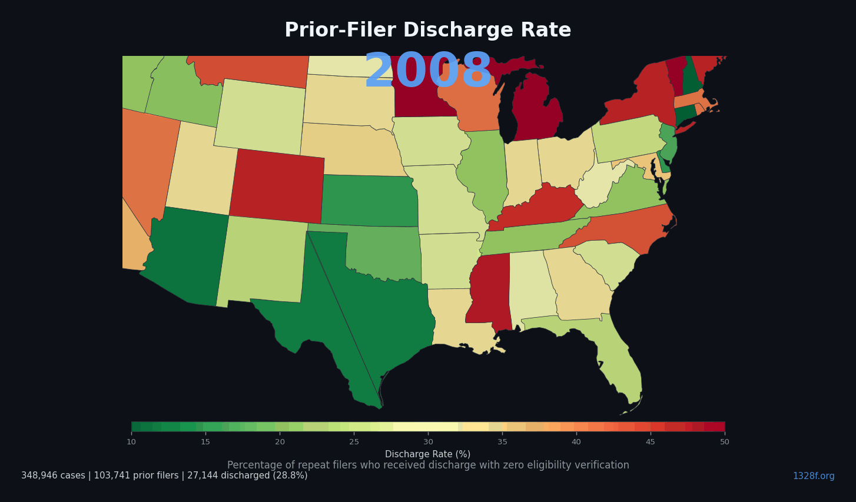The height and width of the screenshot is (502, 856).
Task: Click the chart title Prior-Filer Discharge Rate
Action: (x=427, y=31)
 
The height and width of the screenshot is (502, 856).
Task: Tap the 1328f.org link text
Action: (x=813, y=476)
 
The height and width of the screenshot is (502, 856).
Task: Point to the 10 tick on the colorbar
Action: (x=131, y=442)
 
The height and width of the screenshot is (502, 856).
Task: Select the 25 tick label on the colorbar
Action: (x=354, y=442)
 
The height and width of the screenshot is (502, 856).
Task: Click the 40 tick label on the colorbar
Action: (x=576, y=442)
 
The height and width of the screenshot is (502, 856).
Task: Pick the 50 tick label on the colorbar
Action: (x=724, y=442)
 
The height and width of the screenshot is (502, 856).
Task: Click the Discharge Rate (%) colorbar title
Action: (x=427, y=454)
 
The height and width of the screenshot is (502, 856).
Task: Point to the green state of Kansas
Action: (x=370, y=201)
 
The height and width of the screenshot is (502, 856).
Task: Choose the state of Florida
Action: (x=618, y=365)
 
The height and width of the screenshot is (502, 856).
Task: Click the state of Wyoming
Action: (x=260, y=117)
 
